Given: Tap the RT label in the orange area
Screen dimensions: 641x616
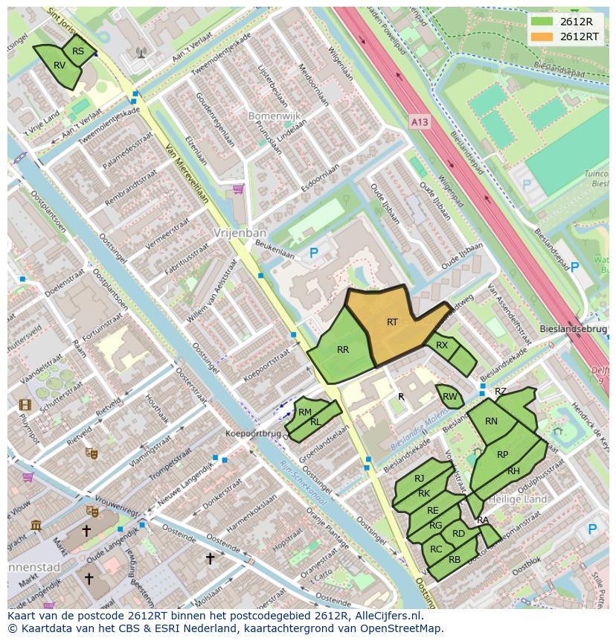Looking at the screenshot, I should [392, 322].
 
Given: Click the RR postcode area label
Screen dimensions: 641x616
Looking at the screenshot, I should [343, 350].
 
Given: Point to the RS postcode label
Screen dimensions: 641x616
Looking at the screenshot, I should [78, 51].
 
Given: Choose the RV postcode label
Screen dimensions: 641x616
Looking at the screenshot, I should [60, 66].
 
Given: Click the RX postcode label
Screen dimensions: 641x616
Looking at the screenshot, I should [442, 345].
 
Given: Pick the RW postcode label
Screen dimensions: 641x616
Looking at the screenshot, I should [449, 397].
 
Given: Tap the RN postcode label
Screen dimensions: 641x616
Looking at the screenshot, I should [491, 421].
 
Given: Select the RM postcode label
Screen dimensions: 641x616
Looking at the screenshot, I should [305, 412].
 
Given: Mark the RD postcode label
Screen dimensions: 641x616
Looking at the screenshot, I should [458, 533].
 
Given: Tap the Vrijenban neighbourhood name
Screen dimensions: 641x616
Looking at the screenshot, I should [234, 232].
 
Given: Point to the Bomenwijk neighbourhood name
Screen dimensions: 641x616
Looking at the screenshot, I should [252, 116].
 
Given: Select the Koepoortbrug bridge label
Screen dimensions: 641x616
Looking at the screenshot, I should [254, 433].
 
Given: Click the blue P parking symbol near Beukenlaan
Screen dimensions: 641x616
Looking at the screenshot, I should [313, 254].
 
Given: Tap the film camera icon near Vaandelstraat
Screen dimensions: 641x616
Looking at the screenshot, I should [25, 405].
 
